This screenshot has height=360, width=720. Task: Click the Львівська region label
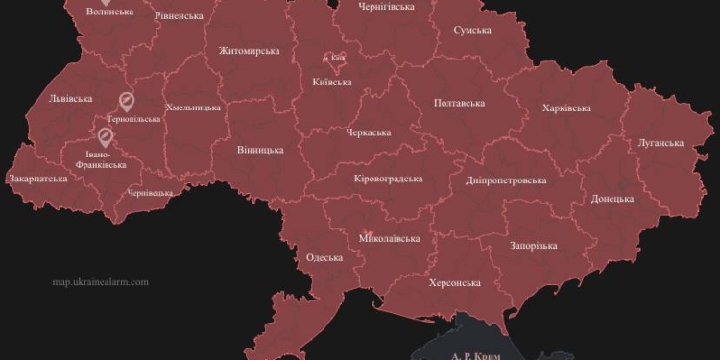pyautogui.click(x=70, y=98)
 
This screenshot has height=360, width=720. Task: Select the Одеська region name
pyautogui.click(x=324, y=257)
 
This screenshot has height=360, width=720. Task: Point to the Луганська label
pyautogui.click(x=660, y=143)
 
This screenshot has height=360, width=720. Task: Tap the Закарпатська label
pyautogui.click(x=37, y=178)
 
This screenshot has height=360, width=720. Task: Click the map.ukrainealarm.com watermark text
pyautogui.click(x=101, y=282)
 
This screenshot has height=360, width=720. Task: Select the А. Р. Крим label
pyautogui.click(x=475, y=354)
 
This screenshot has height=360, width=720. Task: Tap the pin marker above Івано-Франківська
pyautogui.click(x=104, y=135)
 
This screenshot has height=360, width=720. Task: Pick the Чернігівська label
pyautogui.click(x=386, y=7)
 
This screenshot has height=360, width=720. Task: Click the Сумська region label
pyautogui.click(x=473, y=30)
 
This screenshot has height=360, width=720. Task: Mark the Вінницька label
pyautogui.click(x=260, y=150)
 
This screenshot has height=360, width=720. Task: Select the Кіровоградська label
pyautogui.click(x=388, y=179)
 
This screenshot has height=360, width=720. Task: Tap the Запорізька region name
pyautogui.click(x=533, y=246)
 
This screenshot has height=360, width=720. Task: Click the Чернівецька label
pyautogui.click(x=151, y=192)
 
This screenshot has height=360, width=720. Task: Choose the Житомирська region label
pyautogui.click(x=249, y=51)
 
